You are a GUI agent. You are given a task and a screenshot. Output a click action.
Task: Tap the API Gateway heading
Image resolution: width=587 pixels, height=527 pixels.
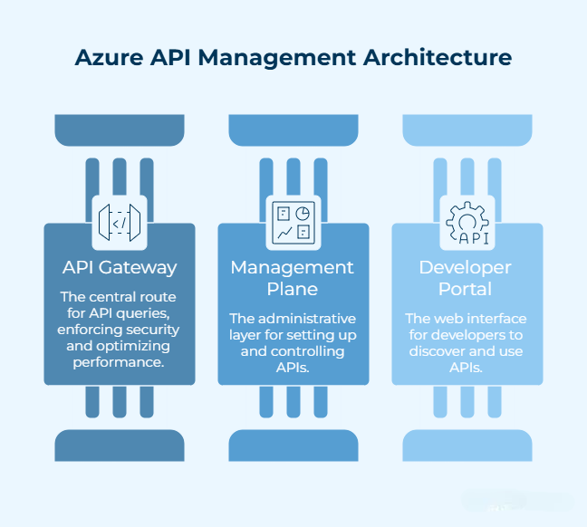tap(120, 267)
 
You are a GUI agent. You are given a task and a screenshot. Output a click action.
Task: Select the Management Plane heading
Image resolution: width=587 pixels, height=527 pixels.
tap(293, 277)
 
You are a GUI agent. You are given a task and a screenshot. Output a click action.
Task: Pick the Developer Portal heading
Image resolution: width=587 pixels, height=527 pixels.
tap(467, 277)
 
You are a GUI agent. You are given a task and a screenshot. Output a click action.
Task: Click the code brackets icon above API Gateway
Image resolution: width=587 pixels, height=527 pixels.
tap(120, 221)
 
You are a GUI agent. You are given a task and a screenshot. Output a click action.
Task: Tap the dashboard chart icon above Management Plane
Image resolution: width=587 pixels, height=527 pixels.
tap(293, 221)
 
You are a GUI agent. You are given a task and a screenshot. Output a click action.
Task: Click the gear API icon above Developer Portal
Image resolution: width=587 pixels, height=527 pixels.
tap(467, 221)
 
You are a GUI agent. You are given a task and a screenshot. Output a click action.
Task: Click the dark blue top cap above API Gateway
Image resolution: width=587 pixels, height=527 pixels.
tap(120, 130)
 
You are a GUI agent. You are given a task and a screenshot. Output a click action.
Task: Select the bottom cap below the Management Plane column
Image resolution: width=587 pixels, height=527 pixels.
tap(293, 446)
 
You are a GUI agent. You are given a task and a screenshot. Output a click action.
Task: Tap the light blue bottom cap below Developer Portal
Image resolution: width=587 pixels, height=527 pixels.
tap(467, 446)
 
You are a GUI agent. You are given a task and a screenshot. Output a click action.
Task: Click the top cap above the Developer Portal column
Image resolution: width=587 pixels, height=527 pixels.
tap(467, 130)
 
